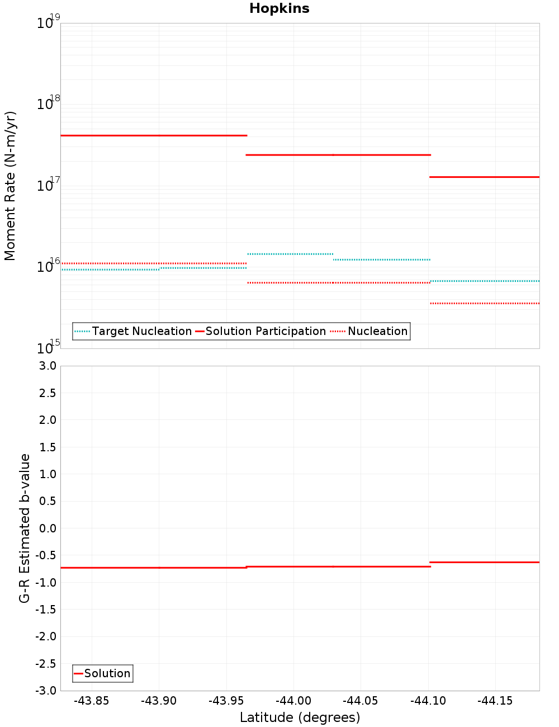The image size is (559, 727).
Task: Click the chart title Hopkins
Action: point(279,8)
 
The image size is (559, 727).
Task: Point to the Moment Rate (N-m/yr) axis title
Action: point(10,186)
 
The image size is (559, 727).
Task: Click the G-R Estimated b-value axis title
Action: point(25,528)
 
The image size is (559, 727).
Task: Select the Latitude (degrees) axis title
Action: point(300,717)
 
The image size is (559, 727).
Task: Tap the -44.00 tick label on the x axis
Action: point(293,701)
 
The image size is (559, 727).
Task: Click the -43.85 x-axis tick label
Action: point(92,701)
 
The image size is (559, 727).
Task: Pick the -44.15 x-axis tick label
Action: point(495,701)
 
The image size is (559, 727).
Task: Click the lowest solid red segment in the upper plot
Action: point(484,177)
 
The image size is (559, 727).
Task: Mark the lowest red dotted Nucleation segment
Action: point(484,303)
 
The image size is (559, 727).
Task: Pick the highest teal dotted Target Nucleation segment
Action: point(290,254)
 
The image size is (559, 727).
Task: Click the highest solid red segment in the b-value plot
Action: point(484,562)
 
